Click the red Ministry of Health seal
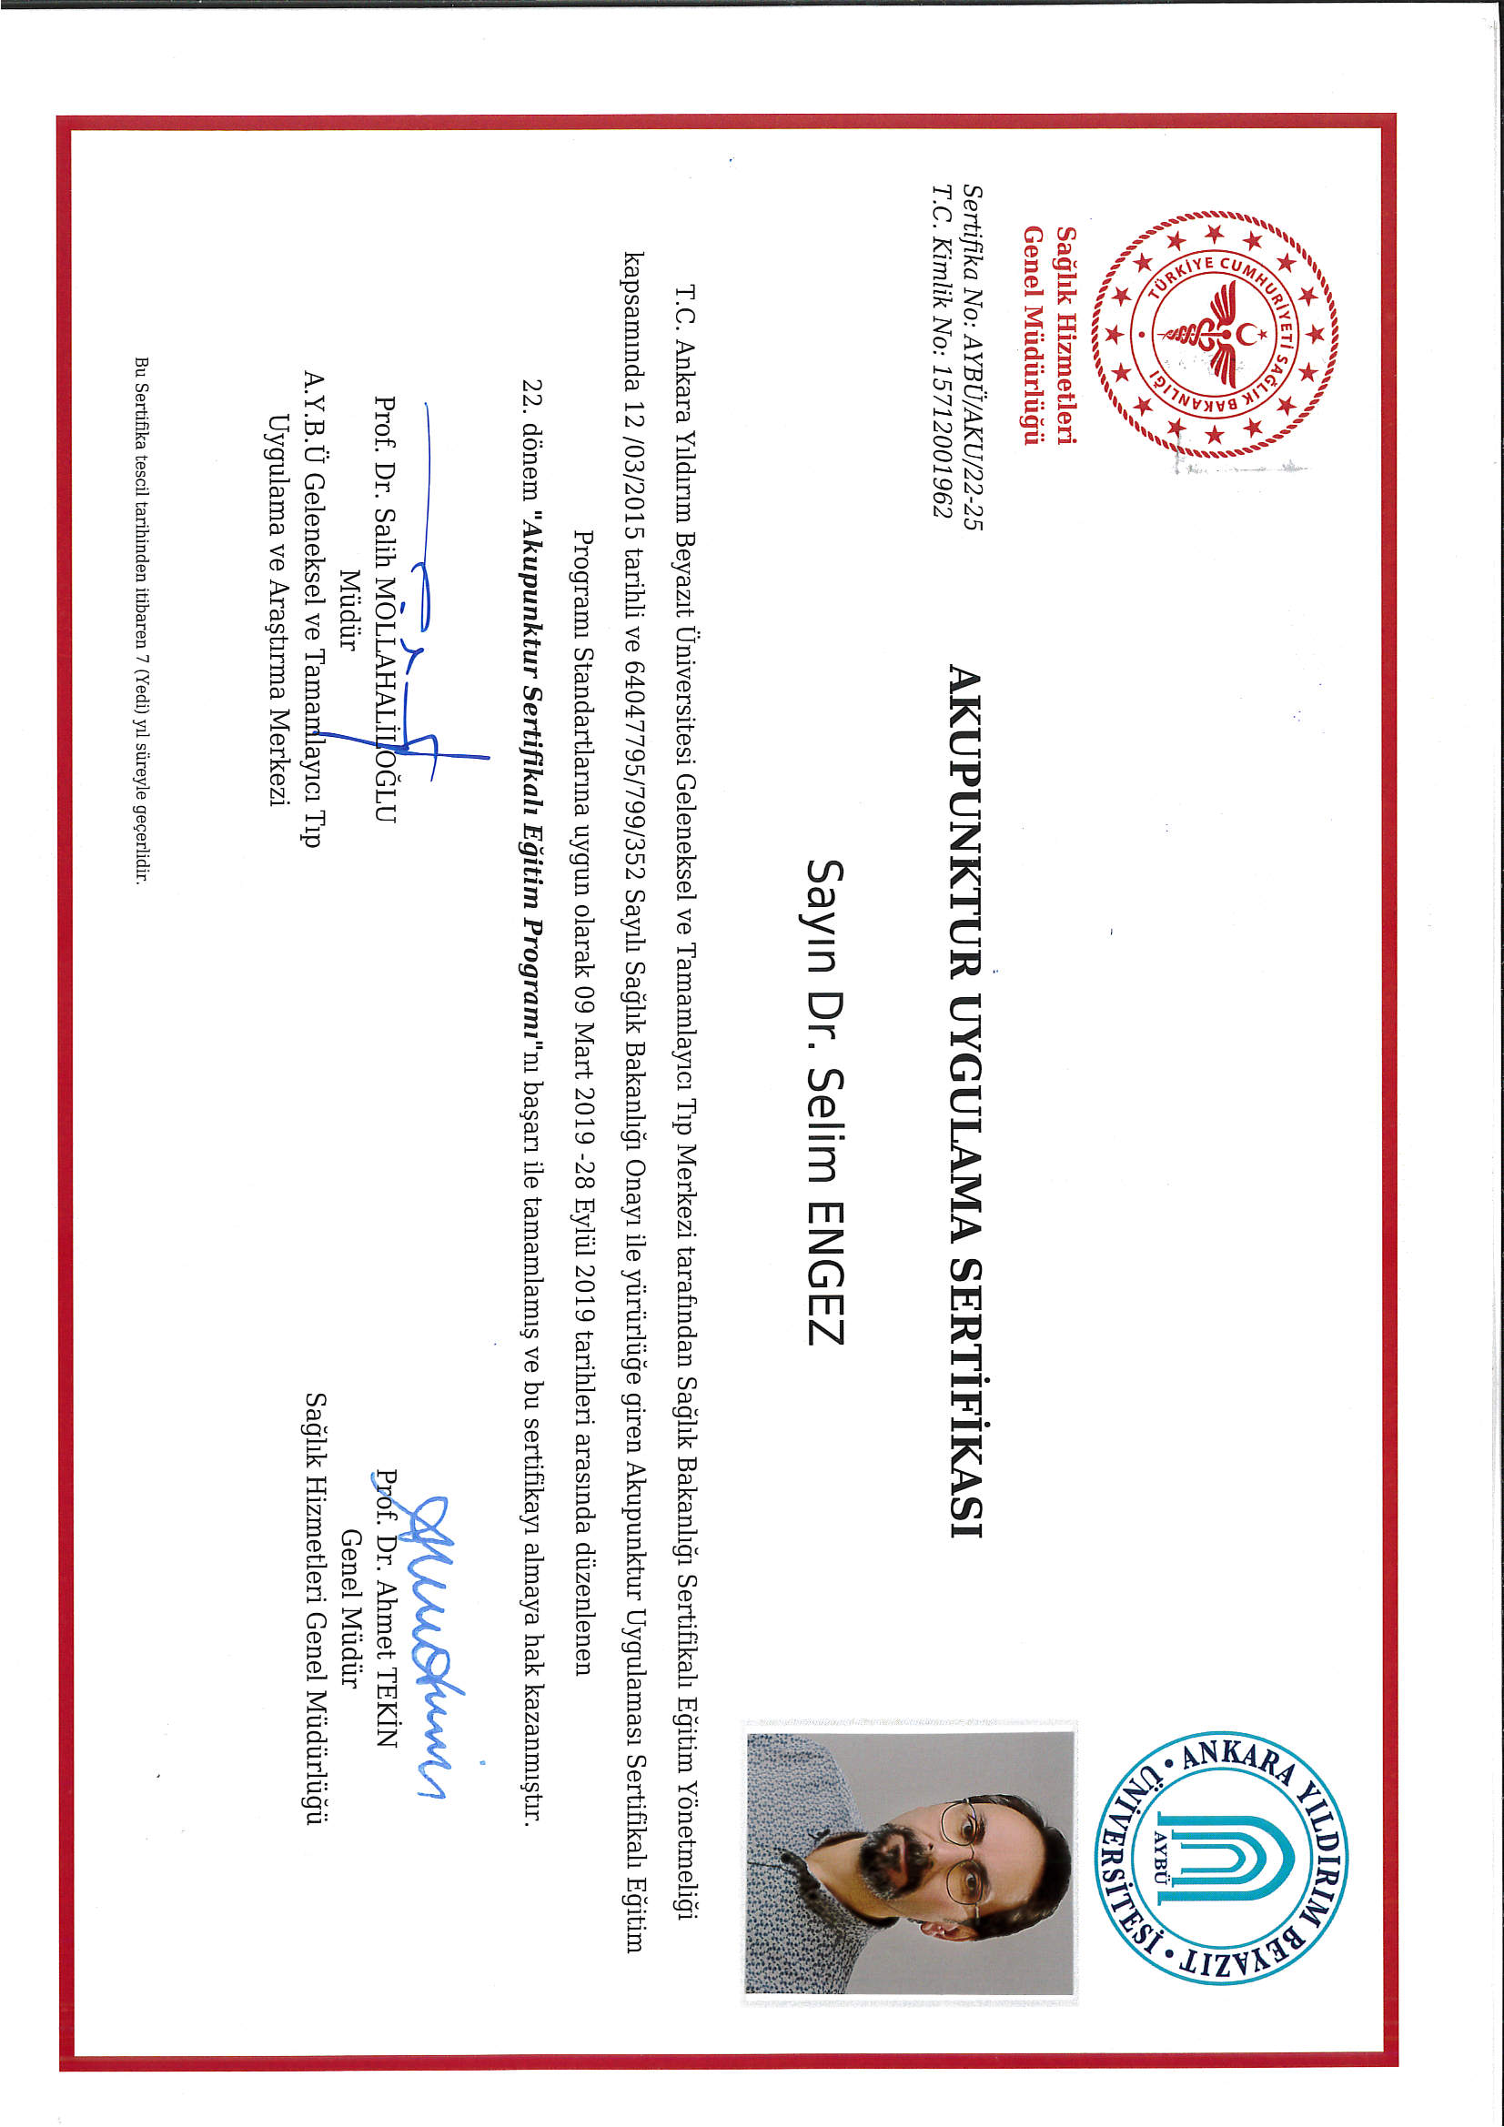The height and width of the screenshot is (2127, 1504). coord(1214,336)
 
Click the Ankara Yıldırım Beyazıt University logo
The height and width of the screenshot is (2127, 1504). coord(1221,1859)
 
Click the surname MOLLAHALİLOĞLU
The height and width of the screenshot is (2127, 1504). coord(385,704)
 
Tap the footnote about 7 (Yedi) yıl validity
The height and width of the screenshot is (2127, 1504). coord(142,620)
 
